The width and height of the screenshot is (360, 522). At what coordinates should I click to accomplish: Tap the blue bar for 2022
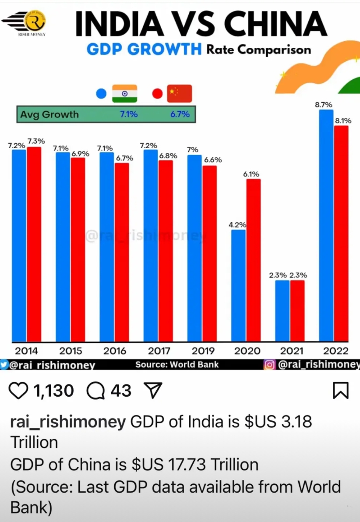pos(326,225)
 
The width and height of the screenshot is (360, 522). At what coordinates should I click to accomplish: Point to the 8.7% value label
pos(324,105)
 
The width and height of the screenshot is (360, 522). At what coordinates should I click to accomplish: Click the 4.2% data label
pos(238,225)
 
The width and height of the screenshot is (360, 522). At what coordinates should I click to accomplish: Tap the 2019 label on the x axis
pos(203,351)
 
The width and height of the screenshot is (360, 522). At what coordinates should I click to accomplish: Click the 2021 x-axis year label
pos(291,351)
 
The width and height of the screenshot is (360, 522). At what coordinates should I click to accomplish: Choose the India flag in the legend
pos(125,93)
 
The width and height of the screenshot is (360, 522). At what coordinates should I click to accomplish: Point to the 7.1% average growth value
pos(129,115)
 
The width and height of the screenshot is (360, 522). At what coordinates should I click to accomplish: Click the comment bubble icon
pos(95,390)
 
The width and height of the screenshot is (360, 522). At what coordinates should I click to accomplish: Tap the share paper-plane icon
pos(154,390)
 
